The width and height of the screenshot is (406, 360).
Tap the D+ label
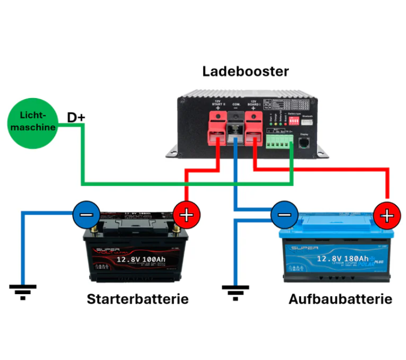coord(76,117)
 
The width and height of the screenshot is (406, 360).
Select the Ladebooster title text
coord(245,72)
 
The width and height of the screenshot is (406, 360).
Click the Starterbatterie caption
coord(138,299)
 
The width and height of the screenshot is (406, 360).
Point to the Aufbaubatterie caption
coord(340,299)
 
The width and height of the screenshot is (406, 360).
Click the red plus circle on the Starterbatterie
coord(187,215)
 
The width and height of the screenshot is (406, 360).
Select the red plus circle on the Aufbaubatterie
coord(386,215)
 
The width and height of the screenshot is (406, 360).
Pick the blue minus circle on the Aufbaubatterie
coord(284,215)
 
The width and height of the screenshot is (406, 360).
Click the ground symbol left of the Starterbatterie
coord(23,291)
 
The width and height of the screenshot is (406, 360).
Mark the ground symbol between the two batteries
coord(236,291)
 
